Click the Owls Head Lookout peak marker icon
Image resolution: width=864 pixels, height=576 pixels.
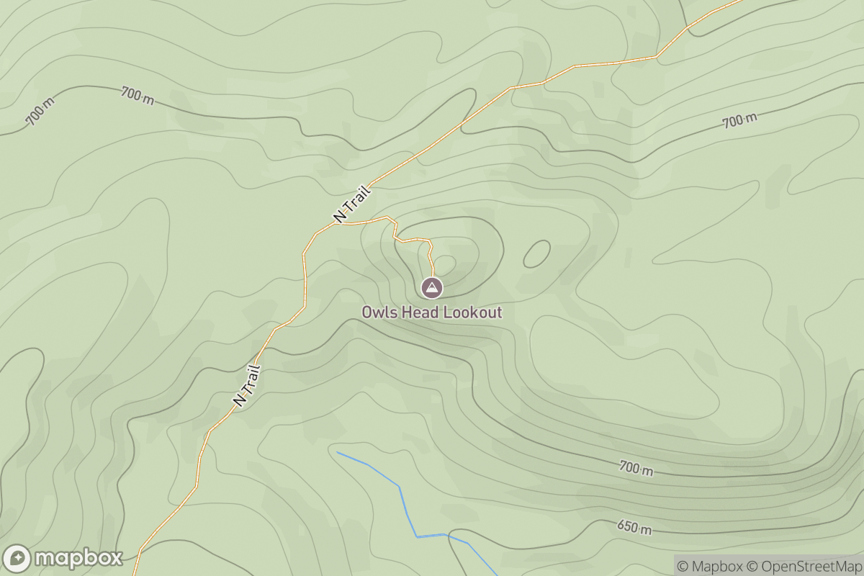click(431, 288)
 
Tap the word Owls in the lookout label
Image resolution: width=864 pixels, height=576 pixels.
click(377, 312)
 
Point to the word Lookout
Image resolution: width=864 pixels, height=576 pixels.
click(472, 312)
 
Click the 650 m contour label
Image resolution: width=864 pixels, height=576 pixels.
click(634, 528)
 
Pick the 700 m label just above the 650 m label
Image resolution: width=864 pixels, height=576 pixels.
click(636, 469)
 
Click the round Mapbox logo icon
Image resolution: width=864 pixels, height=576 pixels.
click(17, 559)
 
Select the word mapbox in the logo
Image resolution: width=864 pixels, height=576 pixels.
click(78, 559)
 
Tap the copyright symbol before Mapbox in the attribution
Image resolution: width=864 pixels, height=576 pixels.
click(683, 566)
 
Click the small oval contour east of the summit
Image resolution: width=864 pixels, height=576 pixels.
click(536, 253)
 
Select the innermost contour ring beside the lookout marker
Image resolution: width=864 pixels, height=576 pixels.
click(444, 264)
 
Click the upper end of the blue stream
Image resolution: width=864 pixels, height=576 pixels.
click(338, 452)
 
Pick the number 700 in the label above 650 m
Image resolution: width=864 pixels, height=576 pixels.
click(629, 467)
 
